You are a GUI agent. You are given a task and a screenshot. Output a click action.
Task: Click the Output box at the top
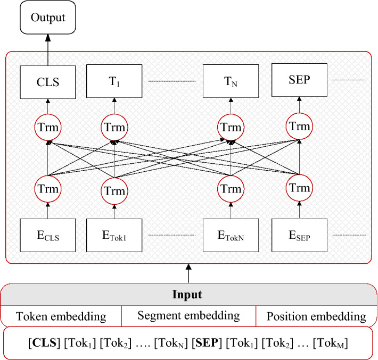pyautogui.click(x=48, y=18)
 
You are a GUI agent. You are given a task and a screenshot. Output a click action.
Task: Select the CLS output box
pyautogui.click(x=48, y=81)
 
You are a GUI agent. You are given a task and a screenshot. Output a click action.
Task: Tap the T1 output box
pyautogui.click(x=113, y=81)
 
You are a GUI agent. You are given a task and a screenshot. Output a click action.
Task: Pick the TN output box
pyautogui.click(x=231, y=81)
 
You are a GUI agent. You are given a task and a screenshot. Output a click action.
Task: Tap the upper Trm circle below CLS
pyautogui.click(x=48, y=127)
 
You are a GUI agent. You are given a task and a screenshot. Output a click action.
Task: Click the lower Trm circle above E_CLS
pyautogui.click(x=48, y=188)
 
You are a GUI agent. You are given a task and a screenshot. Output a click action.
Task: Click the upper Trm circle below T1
pyautogui.click(x=113, y=127)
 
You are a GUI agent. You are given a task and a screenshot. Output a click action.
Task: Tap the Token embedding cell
pyautogui.click(x=61, y=316)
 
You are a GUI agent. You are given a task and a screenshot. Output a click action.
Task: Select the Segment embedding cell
pyautogui.click(x=188, y=316)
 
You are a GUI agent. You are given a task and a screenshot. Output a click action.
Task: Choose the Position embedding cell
pyautogui.click(x=316, y=316)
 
